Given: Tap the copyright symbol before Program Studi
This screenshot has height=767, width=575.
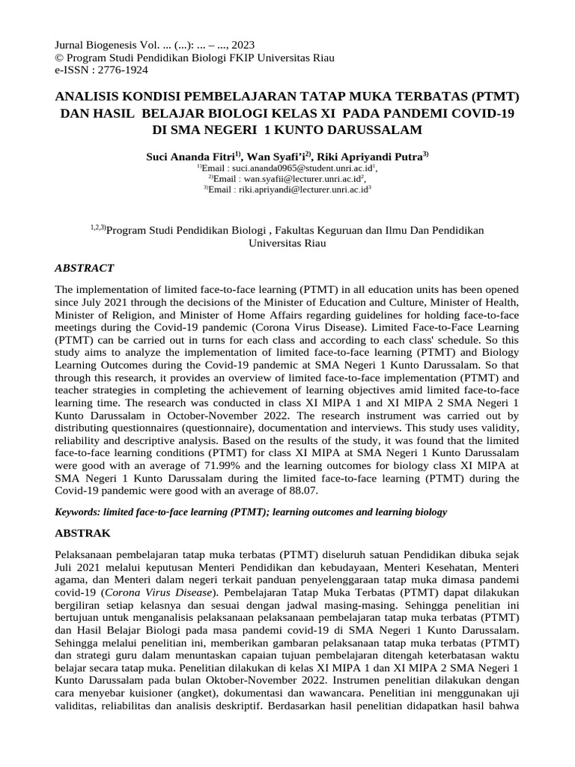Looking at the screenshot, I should click(61, 58).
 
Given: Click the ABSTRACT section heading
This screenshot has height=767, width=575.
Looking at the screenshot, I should click(85, 267).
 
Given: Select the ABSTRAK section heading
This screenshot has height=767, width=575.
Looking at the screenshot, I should click(83, 533).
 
